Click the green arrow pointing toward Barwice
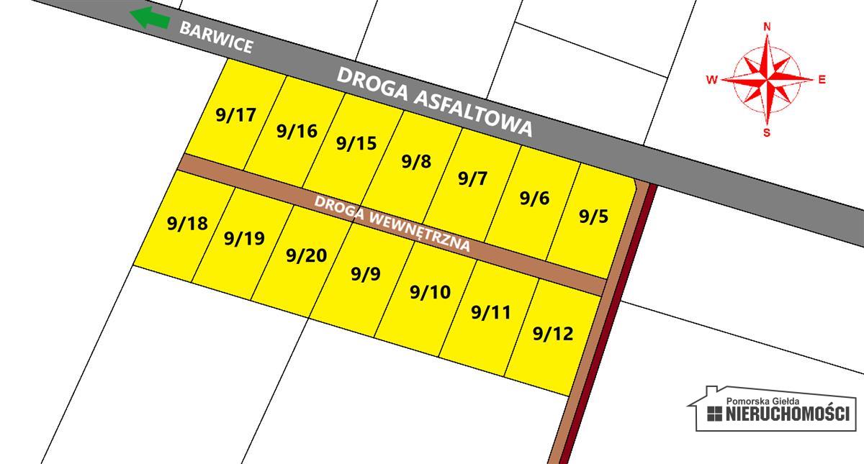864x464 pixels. (150, 17)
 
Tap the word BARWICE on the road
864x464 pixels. (216, 37)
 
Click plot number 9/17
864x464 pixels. (236, 115)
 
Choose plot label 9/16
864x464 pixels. (297, 131)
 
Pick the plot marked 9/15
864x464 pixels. (356, 143)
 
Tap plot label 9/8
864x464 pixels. (416, 161)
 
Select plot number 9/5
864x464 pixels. (594, 216)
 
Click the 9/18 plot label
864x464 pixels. (187, 224)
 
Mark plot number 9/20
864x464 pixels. (306, 255)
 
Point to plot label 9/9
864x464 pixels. (366, 274)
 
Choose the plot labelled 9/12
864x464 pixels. (554, 333)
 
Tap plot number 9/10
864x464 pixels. (430, 292)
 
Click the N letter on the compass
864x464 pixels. (768, 27)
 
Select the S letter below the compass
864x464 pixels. (767, 132)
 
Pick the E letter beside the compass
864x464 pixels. (822, 80)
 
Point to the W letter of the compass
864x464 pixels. (711, 80)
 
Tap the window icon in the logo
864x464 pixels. (715, 414)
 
